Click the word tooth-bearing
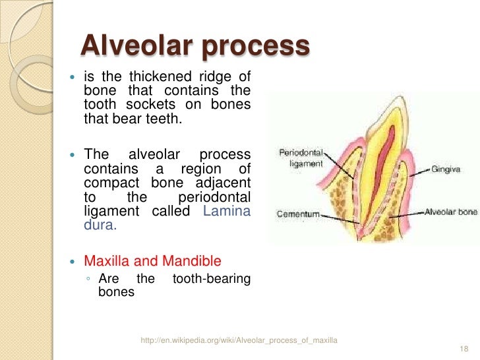pyautogui.click(x=211, y=279)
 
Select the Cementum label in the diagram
pyautogui.click(x=298, y=214)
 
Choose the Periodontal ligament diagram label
pyautogui.click(x=301, y=158)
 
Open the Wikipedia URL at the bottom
pyautogui.click(x=239, y=340)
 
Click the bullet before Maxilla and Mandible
pyautogui.click(x=73, y=261)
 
